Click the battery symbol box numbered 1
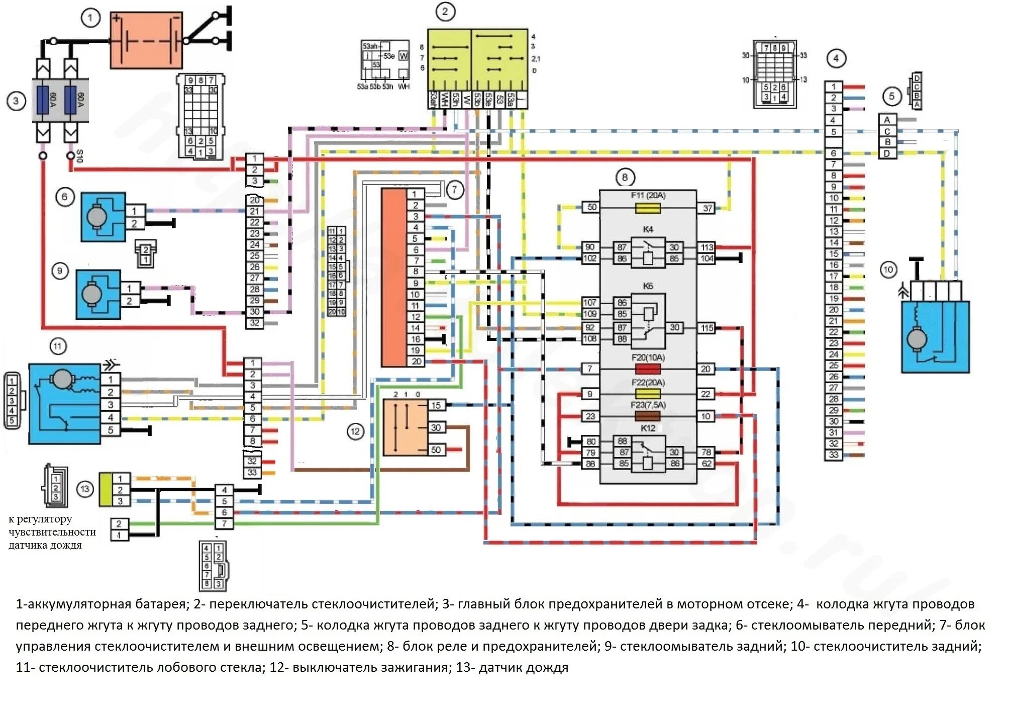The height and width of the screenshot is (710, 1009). tap(146, 40)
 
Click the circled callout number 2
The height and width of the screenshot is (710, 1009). tap(445, 12)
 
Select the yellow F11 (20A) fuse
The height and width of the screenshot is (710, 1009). tap(648, 208)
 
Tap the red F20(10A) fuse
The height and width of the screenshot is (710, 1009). tap(648, 369)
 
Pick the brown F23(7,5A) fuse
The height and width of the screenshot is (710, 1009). tap(648, 416)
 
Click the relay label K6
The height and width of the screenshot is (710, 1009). tap(648, 286)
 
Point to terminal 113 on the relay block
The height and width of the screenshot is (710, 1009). tap(707, 247)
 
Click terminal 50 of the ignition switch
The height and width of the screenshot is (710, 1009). tap(436, 450)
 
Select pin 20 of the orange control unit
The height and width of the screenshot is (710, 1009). tap(416, 361)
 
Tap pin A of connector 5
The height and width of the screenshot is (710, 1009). tap(887, 120)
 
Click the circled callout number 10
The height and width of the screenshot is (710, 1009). tap(888, 270)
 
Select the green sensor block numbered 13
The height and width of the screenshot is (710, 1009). tap(106, 489)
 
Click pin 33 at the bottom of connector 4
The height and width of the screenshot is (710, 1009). tap(834, 455)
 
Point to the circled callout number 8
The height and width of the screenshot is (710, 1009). tap(625, 177)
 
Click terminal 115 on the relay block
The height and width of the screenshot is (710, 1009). tap(707, 328)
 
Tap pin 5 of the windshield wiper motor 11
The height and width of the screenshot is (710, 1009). tap(111, 430)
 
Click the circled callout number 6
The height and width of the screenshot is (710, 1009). tap(64, 197)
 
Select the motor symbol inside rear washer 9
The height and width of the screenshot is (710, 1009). tap(91, 295)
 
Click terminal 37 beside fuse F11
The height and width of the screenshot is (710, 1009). tap(707, 208)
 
